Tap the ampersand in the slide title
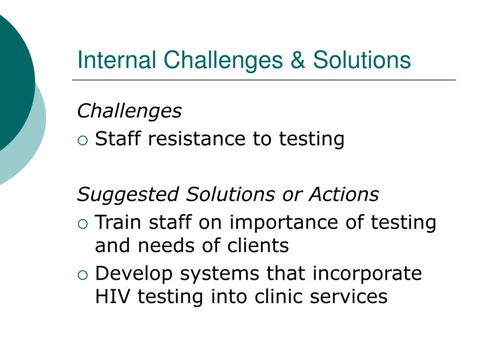coord(298,60)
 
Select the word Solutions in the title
coord(362,60)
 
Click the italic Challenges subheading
coord(129,112)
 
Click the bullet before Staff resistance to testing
coord(83,139)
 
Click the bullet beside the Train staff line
coord(83,223)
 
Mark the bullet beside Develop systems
coord(83,274)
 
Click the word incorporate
coord(367,274)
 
